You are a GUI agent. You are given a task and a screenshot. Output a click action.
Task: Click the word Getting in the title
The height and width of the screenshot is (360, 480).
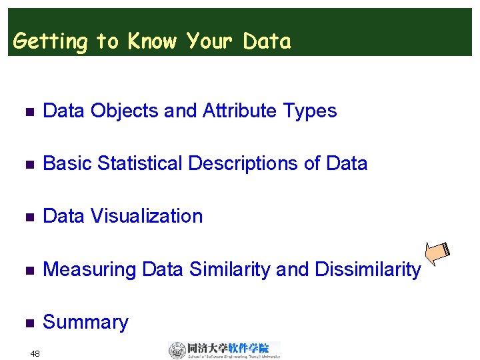[50, 42]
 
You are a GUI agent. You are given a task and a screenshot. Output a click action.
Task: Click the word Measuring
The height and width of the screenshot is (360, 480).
[90, 270]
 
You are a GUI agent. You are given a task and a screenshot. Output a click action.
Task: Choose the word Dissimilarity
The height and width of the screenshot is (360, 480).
[367, 270]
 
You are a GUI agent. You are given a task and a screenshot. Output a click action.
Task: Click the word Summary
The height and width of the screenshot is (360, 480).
[85, 323]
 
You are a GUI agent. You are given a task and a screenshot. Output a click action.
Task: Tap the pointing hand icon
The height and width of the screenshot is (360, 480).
[439, 253]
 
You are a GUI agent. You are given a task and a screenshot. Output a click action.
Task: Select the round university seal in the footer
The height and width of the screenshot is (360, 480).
[177, 350]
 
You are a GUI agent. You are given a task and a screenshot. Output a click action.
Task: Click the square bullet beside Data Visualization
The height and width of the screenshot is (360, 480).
[27, 217]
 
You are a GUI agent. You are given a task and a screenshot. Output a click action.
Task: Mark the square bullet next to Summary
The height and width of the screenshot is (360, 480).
[27, 323]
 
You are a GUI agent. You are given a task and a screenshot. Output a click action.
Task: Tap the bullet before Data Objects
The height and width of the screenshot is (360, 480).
[27, 111]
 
